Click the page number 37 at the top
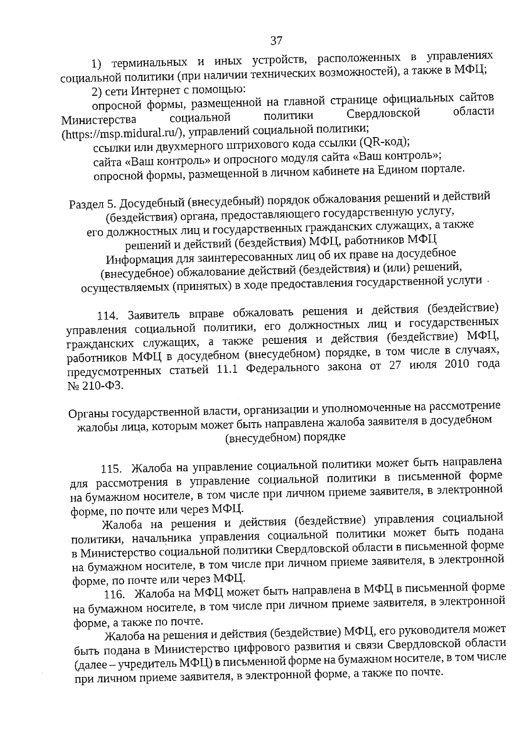click(x=276, y=41)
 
